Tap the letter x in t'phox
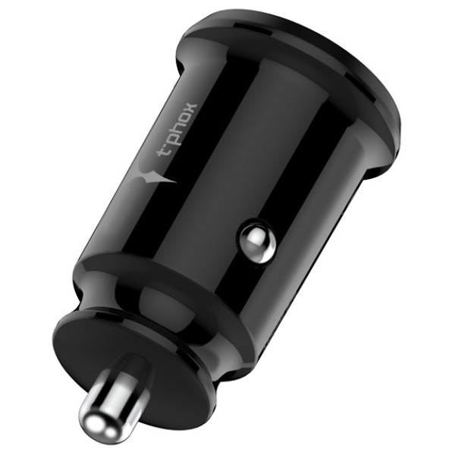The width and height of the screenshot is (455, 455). (x=190, y=108)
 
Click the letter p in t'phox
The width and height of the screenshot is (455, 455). (x=176, y=140)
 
